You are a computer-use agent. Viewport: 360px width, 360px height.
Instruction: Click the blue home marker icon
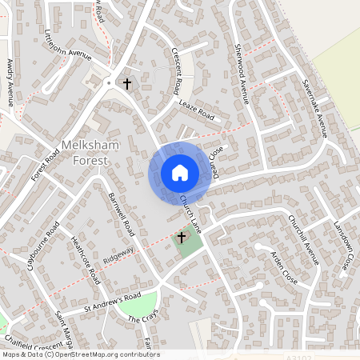180,172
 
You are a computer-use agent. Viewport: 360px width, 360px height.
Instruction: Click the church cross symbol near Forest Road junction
126,83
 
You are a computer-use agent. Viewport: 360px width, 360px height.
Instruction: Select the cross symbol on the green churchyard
182,237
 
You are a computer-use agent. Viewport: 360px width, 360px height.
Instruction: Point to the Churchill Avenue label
304,240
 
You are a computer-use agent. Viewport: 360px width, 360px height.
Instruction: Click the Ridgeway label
118,258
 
